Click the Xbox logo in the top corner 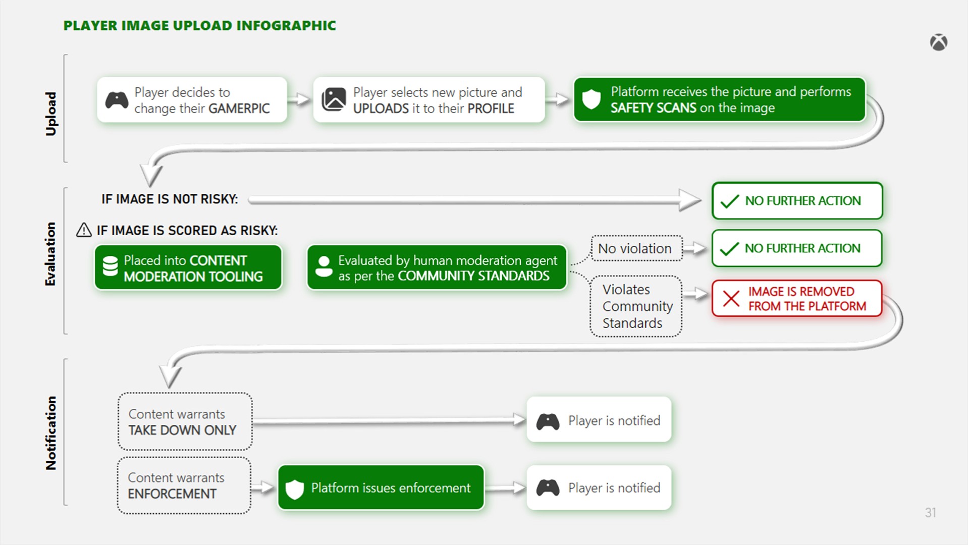coord(938,42)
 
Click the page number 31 coord(930,513)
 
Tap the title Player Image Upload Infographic coord(199,26)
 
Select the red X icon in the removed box coord(731,299)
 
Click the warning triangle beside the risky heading coord(84,230)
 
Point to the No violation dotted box coord(636,248)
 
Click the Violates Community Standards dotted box coord(636,306)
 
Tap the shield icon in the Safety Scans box coord(591,99)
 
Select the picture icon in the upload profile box coord(334,99)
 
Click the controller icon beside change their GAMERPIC coord(117,100)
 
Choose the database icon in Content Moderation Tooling coord(110,266)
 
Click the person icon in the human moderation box coord(324,266)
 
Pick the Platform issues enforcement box coord(381,487)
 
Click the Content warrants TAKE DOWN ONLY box coord(185,421)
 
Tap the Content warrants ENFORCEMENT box coord(184,485)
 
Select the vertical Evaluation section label coord(50,254)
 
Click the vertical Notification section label coord(51,433)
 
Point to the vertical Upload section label coord(51,114)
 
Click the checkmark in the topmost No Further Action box coord(729,201)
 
